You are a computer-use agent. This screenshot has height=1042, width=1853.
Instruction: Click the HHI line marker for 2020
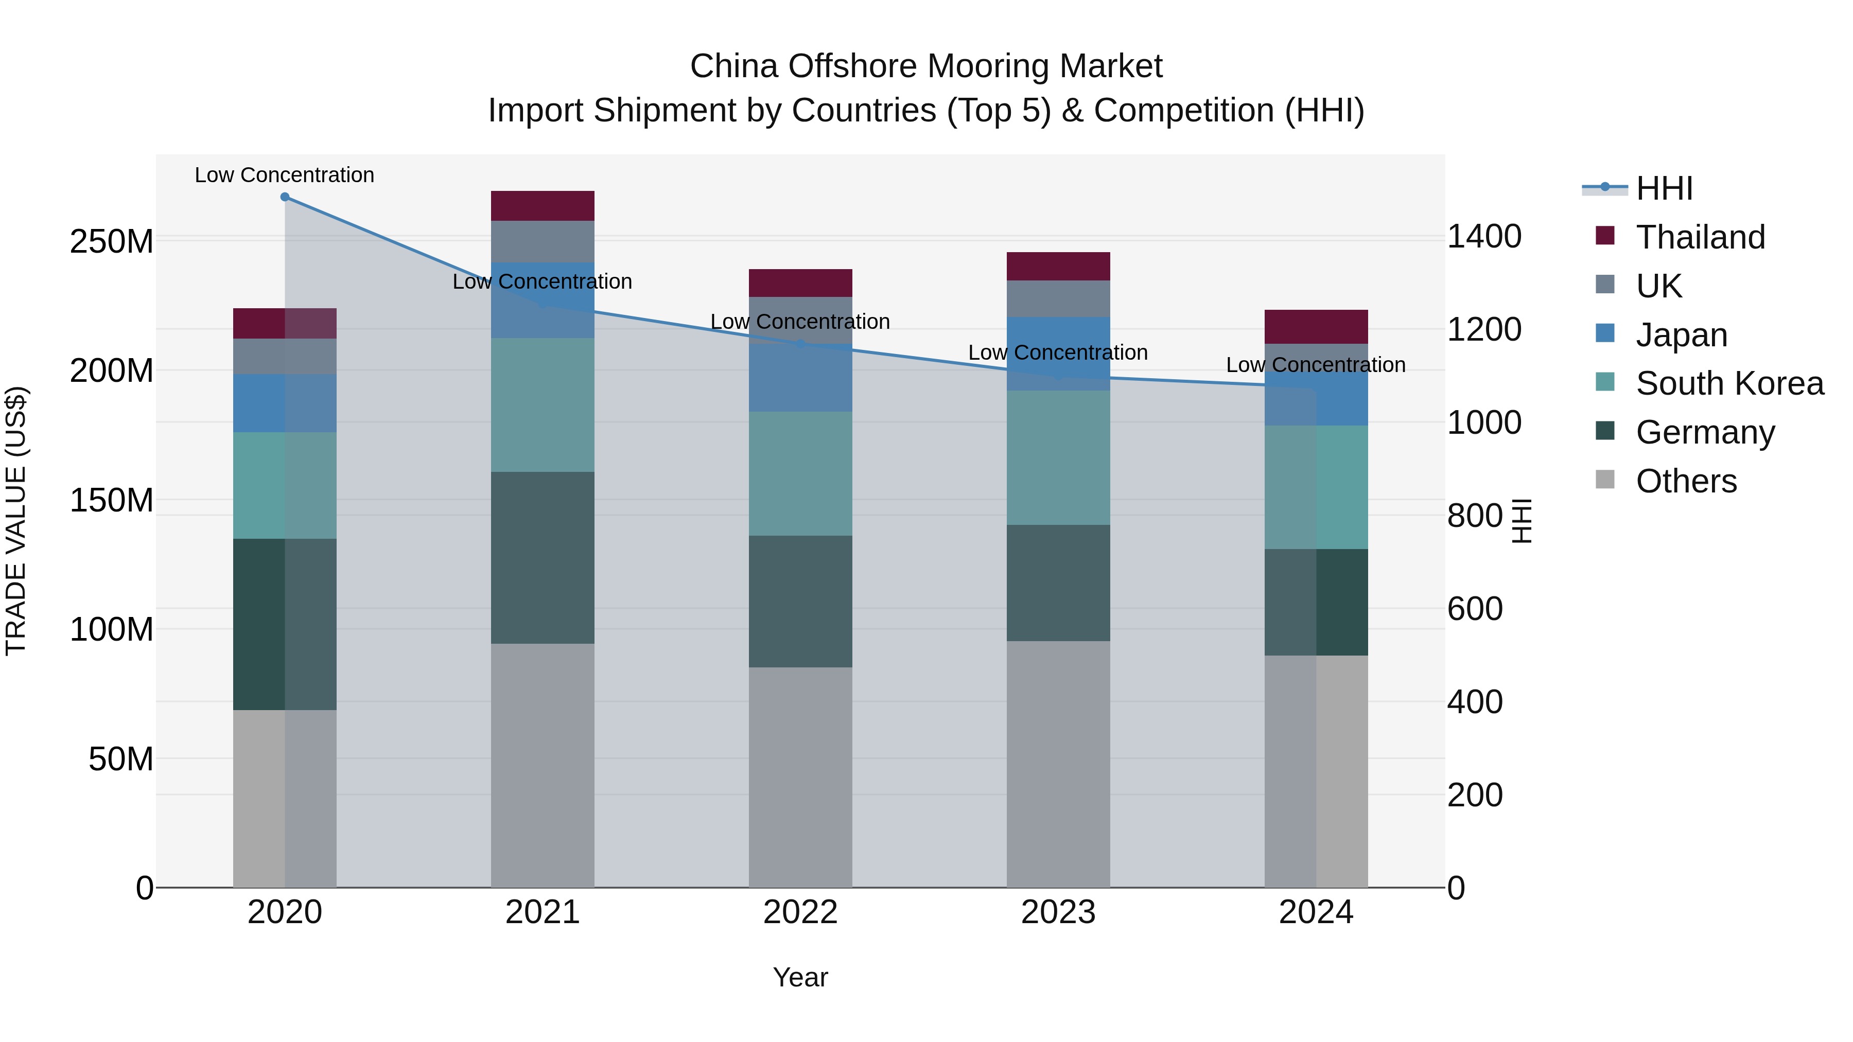point(285,197)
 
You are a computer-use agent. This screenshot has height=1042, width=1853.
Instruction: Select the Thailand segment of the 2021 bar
point(543,206)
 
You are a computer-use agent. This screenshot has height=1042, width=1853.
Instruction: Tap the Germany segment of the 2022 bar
point(800,601)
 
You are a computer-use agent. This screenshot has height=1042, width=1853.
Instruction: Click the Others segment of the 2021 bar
point(543,765)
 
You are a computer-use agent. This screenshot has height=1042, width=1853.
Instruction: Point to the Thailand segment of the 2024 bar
point(1316,326)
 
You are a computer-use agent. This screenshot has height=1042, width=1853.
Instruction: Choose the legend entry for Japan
point(1681,335)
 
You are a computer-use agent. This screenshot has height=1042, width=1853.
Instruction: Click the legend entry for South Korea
point(1728,383)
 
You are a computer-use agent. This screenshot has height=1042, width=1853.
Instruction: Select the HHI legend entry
point(1663,188)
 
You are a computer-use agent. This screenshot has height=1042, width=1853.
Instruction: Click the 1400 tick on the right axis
point(1484,237)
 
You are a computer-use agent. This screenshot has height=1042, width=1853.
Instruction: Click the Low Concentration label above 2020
point(285,175)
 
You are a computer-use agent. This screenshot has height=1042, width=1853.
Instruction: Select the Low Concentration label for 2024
point(1316,365)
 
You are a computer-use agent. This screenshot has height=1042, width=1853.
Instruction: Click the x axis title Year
point(800,977)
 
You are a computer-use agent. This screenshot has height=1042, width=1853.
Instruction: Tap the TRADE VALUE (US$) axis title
point(16,521)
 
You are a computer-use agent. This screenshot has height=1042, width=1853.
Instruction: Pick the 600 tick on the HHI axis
point(1474,609)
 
